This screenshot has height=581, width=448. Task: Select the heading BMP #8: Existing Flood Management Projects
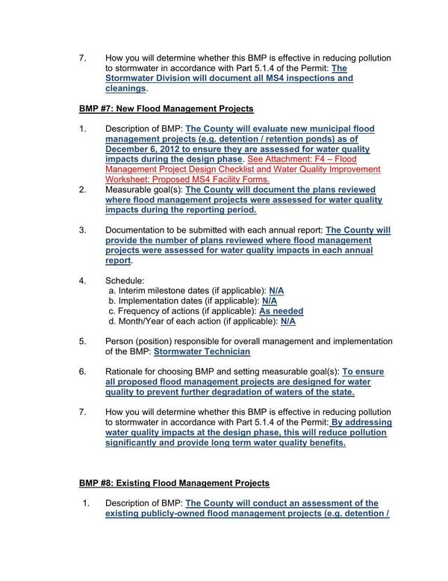[174, 483]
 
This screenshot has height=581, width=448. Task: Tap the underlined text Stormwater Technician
[202, 351]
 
